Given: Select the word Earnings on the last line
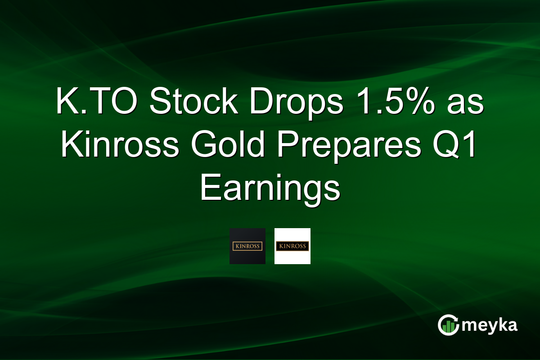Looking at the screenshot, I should (270, 189).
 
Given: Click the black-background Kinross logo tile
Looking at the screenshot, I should (247, 246).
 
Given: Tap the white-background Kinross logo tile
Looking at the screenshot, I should (292, 246).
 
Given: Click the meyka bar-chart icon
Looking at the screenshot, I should (448, 325).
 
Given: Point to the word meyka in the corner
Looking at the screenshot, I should (490, 325).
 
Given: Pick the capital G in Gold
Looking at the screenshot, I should (202, 146).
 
